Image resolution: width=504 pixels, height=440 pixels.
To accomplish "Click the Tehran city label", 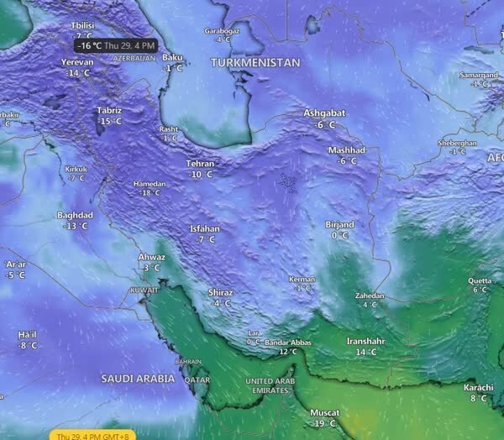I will (x=201, y=164).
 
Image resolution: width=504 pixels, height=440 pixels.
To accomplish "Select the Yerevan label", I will (x=78, y=62).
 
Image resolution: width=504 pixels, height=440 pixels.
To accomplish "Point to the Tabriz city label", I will (x=109, y=111).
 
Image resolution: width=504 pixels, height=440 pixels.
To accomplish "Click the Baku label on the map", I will (x=172, y=57).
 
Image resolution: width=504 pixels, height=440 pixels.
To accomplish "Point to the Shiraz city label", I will (x=220, y=292).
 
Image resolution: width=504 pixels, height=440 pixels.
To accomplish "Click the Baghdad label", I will (x=75, y=215).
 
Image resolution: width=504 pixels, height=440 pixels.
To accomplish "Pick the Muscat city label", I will (x=323, y=413).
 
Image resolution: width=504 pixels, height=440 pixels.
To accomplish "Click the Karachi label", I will (x=479, y=387).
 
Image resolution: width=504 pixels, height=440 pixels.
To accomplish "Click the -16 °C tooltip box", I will (x=115, y=45).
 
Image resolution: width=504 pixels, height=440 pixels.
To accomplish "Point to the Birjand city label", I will (x=339, y=224).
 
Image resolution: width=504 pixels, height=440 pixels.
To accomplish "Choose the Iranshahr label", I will (x=367, y=342).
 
